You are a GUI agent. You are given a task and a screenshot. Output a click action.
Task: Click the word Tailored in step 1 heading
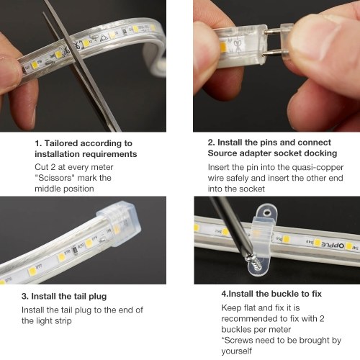61,143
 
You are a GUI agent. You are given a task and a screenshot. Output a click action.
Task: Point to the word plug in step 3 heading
98,297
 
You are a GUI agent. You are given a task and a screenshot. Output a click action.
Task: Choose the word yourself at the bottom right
236,351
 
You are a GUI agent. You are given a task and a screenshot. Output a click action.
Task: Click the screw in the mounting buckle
252,260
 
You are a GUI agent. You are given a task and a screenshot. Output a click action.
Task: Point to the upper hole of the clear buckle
266,212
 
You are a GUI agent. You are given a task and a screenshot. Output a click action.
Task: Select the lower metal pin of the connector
274,53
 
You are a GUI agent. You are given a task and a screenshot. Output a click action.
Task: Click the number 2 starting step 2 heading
210,143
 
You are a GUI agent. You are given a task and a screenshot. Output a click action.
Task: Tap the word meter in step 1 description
102,167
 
